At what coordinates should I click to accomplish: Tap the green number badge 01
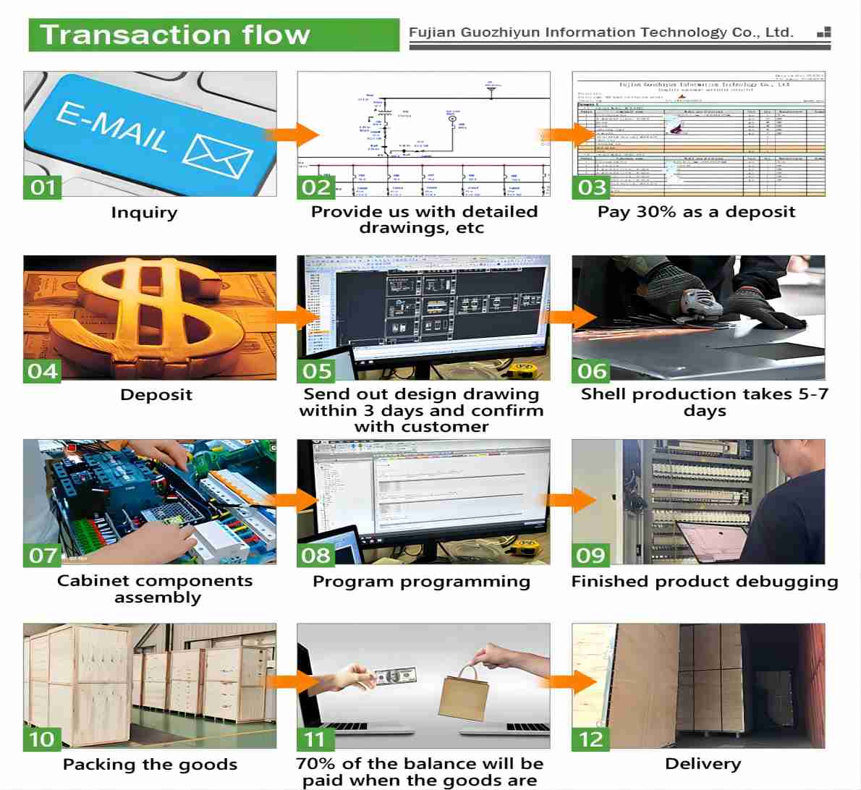pos(42,187)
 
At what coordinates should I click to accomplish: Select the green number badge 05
pos(317,371)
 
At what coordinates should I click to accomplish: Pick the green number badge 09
pos(591,555)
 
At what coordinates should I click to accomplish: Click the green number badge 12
pos(591,739)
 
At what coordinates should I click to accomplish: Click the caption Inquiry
pos(144,213)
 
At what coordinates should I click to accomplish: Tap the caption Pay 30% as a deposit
pos(696,212)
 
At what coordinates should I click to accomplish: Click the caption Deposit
pos(156,395)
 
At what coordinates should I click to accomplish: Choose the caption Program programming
pos(421,582)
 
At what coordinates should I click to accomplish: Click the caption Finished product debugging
pos(705,582)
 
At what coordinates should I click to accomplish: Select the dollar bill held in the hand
pos(395,677)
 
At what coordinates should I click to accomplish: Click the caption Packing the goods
pos(150,765)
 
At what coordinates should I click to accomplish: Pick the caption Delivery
pos(703,764)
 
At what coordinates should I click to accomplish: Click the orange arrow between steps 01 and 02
pos(293,135)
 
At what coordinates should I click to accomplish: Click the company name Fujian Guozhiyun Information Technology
pos(601,33)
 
